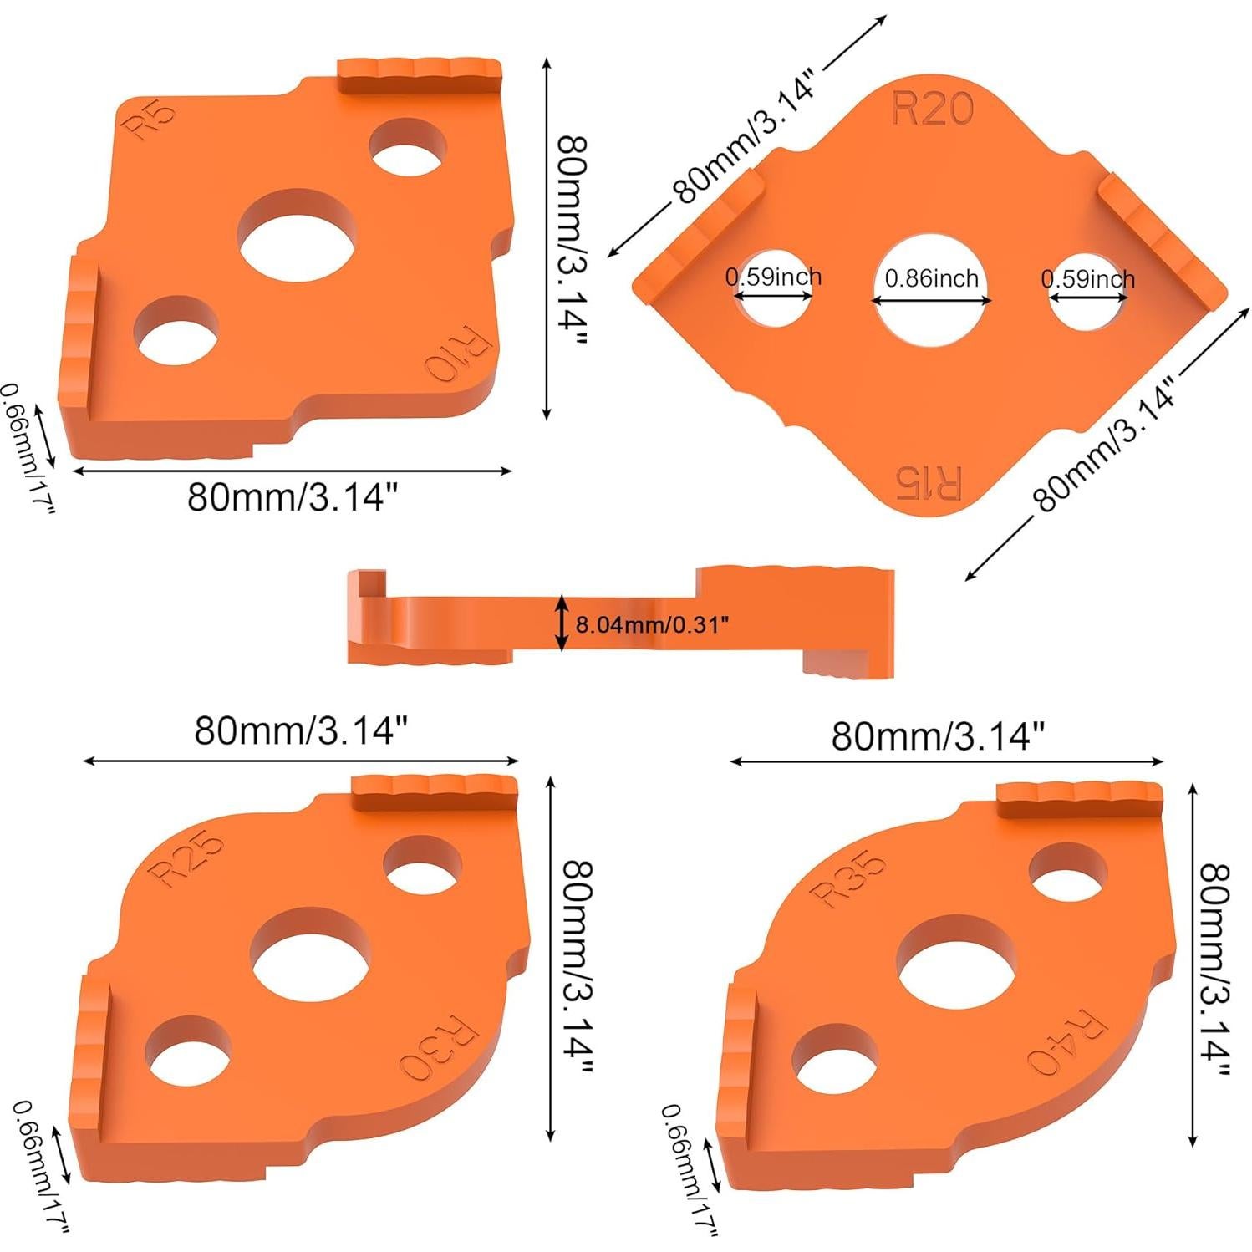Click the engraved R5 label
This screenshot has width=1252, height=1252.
[150, 120]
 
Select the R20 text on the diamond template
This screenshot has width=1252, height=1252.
[933, 109]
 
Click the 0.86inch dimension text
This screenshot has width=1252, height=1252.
[931, 278]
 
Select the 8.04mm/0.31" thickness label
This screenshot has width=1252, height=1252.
[652, 624]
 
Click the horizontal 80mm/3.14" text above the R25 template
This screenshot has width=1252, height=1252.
[300, 730]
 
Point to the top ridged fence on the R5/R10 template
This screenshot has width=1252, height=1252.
[419, 76]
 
